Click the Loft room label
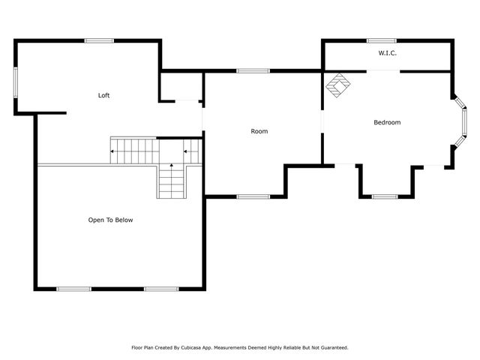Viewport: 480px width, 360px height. coord(103,95)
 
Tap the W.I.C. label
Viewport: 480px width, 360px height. coord(387,53)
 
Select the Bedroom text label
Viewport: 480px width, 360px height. coord(387,122)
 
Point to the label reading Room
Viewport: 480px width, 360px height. coord(259,131)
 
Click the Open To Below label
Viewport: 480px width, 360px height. coord(110,220)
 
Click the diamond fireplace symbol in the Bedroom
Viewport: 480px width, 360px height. coord(338,85)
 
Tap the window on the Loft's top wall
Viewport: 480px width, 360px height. coord(99,40)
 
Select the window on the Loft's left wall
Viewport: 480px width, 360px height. coord(16,82)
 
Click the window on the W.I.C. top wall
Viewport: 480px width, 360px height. coord(382,40)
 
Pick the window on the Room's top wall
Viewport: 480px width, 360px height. coord(253,71)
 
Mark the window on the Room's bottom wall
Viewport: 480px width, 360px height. coord(253,196)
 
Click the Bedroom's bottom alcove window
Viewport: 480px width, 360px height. coord(385,196)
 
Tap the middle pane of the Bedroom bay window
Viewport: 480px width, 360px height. coord(464,121)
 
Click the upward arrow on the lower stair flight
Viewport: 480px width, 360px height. coord(172,165)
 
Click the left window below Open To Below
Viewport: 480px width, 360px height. coord(73,289)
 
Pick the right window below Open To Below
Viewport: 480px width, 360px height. coord(161,289)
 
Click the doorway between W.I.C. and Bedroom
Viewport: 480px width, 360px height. coord(383,71)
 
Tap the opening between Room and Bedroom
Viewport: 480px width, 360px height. coord(322,121)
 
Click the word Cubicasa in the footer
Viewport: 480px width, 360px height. coord(191,348)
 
